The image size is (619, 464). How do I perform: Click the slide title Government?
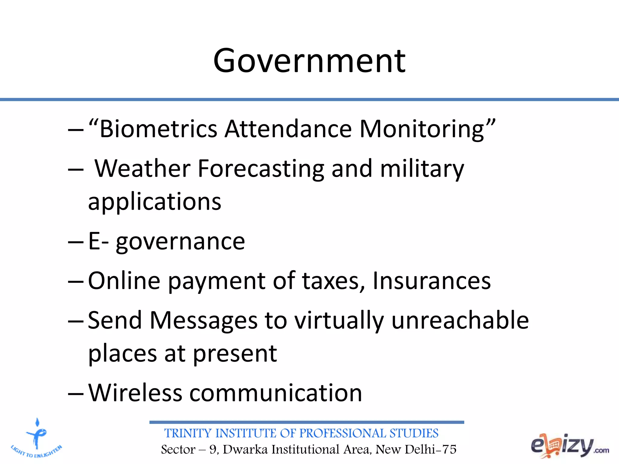pyautogui.click(x=309, y=61)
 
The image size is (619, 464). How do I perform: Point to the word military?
pyautogui.click(x=422, y=169)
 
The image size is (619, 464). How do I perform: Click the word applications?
pyautogui.click(x=154, y=202)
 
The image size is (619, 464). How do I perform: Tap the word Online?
pyautogui.click(x=124, y=281)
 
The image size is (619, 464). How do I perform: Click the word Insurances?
pyautogui.click(x=432, y=281)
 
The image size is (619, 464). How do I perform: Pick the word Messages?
pyautogui.click(x=203, y=321)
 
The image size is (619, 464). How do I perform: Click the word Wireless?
pyautogui.click(x=135, y=393)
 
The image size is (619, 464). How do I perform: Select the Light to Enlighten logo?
pyautogui.click(x=37, y=438)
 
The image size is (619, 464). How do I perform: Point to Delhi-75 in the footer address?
pyautogui.click(x=430, y=449)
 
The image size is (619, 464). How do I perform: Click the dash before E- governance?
pyautogui.click(x=76, y=242)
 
